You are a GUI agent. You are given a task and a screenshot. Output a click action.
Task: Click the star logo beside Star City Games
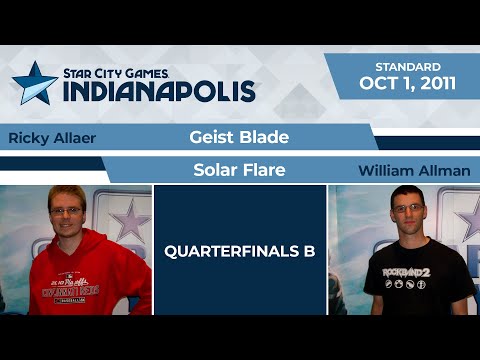[x=35, y=83]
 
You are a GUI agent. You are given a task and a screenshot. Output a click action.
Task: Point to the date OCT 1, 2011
[x=408, y=83]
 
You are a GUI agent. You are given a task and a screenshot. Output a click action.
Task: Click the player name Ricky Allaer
[x=51, y=138]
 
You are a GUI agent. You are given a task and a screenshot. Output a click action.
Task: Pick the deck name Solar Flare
[x=239, y=170]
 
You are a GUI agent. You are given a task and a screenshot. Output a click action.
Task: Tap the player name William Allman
[x=413, y=171]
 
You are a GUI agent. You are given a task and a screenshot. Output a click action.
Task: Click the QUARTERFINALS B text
[x=239, y=251]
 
